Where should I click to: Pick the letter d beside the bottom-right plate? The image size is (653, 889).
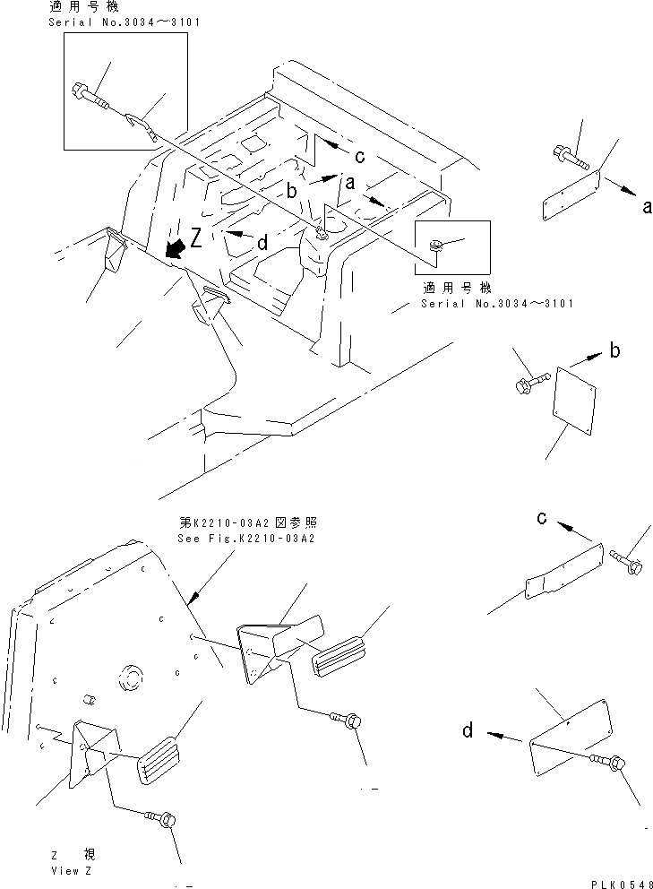point(468,731)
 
